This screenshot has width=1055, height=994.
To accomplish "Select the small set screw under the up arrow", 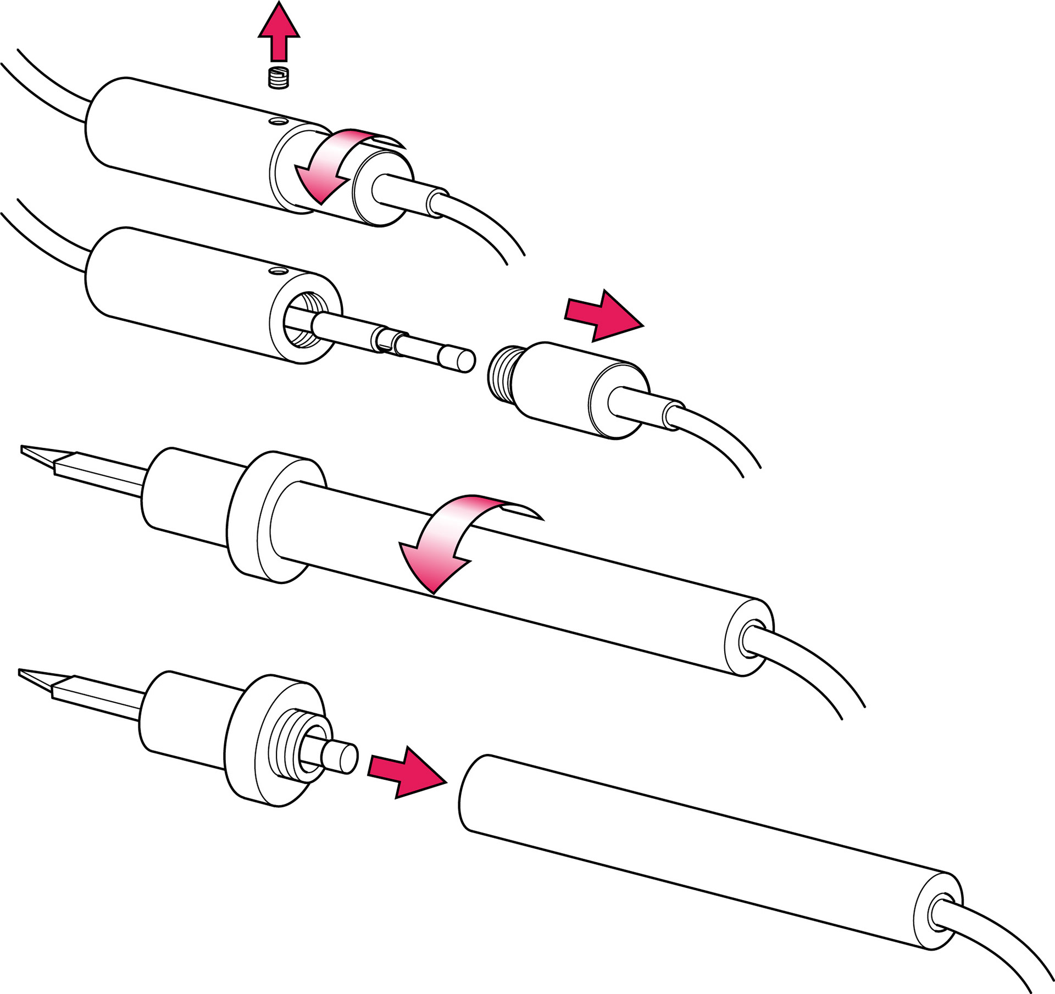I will click(x=279, y=77).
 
